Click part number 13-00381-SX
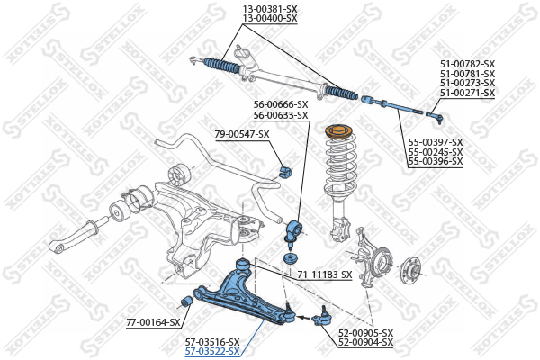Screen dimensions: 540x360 click(x=270, y=9)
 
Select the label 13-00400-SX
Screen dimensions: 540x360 click(x=270, y=19)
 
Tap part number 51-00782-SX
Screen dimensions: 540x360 click(x=467, y=64)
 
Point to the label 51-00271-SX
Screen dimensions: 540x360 click(x=467, y=93)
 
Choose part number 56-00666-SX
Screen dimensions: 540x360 click(x=281, y=104)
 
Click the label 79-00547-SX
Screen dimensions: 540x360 click(x=242, y=134)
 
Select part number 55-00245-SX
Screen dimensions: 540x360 click(x=436, y=152)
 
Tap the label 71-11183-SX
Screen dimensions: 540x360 click(x=325, y=274)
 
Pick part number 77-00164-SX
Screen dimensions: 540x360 click(x=153, y=323)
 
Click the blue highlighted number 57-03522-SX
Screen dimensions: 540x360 click(x=212, y=352)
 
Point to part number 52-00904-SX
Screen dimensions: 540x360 click(x=365, y=342)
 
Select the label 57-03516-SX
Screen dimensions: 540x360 click(x=212, y=342)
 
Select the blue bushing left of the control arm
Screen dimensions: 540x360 click(x=187, y=301)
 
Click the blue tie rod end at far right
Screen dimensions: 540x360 click(x=435, y=117)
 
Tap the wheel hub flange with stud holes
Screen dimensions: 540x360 click(x=411, y=270)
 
